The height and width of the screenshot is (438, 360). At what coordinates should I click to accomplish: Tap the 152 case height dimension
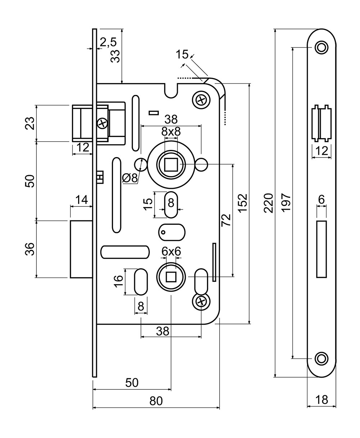click(243, 203)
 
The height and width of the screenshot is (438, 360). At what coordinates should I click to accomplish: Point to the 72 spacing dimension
click(226, 219)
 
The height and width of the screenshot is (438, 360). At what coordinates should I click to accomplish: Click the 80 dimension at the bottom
click(156, 401)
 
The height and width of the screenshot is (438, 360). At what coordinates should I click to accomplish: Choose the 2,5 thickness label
click(108, 42)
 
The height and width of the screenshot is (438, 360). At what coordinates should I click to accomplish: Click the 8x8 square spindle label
click(171, 131)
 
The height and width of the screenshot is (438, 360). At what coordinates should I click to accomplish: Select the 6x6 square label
click(171, 251)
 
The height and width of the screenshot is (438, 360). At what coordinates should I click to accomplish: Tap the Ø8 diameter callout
click(130, 178)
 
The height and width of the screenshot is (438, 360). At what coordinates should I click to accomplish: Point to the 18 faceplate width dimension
click(321, 400)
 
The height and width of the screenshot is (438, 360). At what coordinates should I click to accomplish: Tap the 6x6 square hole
click(171, 277)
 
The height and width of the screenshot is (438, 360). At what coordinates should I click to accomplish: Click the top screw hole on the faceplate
click(321, 47)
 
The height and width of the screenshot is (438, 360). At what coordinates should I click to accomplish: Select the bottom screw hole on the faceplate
click(321, 359)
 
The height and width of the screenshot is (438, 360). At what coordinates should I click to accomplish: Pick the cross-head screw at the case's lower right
click(201, 301)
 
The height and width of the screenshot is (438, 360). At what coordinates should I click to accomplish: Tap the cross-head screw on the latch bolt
click(102, 123)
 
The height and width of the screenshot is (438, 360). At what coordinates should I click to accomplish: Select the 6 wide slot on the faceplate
click(321, 250)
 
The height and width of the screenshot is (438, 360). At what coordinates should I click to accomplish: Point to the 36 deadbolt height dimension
click(32, 249)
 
